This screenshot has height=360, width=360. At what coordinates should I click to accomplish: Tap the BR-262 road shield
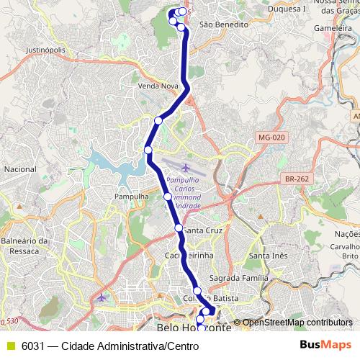(x=296, y=178)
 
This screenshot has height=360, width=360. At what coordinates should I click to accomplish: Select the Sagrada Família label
(x=238, y=277)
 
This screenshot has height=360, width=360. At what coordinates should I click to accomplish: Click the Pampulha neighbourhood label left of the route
(x=131, y=196)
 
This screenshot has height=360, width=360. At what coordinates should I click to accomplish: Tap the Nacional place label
(x=20, y=169)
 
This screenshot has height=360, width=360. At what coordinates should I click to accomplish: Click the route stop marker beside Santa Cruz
(x=179, y=228)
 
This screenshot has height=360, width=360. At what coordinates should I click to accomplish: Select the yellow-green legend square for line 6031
(x=10, y=346)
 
